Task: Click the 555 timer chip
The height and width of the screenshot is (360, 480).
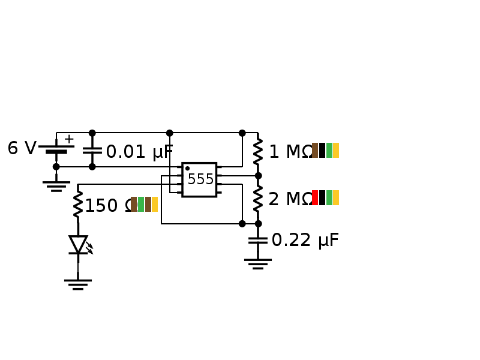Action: point(199,179)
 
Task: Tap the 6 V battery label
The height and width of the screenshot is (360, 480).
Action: point(22,149)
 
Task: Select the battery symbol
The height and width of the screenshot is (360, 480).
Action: point(56,149)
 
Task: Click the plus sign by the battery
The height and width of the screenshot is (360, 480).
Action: point(69,139)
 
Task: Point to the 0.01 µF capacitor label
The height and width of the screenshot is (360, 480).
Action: point(139,152)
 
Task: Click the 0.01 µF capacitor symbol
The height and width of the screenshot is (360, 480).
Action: point(92,150)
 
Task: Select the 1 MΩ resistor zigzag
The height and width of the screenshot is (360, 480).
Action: point(258,151)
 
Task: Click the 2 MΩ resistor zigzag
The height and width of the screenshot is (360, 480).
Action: point(258,199)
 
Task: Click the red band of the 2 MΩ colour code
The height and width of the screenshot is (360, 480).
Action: point(315,198)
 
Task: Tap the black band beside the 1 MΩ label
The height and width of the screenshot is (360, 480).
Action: point(322,150)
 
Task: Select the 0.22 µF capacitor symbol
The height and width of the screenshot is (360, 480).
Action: point(258,240)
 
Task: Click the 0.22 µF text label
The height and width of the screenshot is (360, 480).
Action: point(305,241)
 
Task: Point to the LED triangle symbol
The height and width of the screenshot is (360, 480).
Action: point(78,244)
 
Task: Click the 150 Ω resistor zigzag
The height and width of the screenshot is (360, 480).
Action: point(78,205)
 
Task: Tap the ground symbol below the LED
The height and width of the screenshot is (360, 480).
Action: point(78,284)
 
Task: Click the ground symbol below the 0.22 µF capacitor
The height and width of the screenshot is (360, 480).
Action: point(258,263)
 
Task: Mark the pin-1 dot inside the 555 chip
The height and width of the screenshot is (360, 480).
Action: point(187,169)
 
